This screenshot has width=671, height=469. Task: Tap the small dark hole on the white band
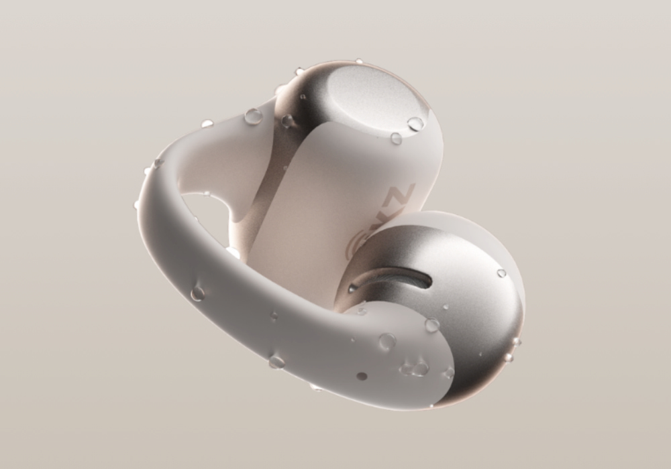coord(362,377)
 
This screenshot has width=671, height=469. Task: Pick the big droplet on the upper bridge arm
coord(254,116)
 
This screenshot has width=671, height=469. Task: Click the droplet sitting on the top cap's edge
coord(415,124)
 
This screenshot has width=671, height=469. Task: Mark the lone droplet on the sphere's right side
coord(501,273)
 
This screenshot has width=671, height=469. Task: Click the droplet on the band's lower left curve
coord(197,293)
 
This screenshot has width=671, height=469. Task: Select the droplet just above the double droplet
coord(387,342)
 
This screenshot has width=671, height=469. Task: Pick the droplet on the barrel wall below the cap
coord(396,139)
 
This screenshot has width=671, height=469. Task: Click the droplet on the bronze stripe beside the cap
coord(287,121)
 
